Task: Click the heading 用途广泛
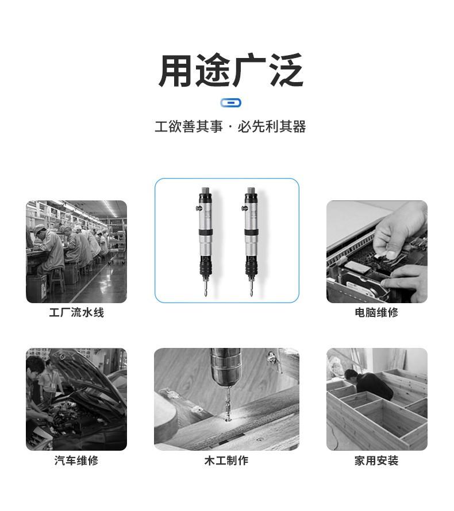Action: pyautogui.click(x=231, y=70)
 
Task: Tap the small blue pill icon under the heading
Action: pyautogui.click(x=231, y=103)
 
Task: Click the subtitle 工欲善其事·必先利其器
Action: pyautogui.click(x=230, y=126)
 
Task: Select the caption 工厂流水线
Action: pyautogui.click(x=76, y=313)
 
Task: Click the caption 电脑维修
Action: pyautogui.click(x=376, y=312)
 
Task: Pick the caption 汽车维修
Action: pyautogui.click(x=76, y=460)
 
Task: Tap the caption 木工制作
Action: pyautogui.click(x=226, y=460)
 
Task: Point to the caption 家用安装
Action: pyautogui.click(x=376, y=460)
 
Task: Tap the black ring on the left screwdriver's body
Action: pyautogui.click(x=206, y=233)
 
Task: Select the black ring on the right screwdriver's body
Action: pyautogui.click(x=252, y=233)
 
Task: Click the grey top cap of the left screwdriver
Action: pyautogui.click(x=206, y=190)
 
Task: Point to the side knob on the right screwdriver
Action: pyautogui.click(x=244, y=208)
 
